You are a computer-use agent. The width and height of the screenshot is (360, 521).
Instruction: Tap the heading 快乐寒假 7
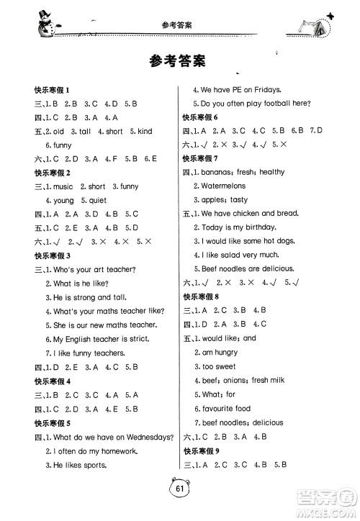[204, 158]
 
